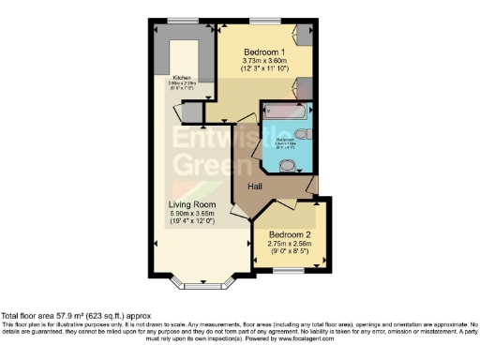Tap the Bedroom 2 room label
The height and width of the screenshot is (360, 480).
click(x=288, y=234)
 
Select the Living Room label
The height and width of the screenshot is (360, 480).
click(x=192, y=204)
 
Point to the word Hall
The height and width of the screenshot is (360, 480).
click(x=254, y=187)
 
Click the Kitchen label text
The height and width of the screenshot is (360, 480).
click(x=182, y=78)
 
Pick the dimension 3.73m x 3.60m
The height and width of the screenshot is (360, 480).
click(x=263, y=60)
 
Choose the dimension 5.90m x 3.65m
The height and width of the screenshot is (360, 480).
click(x=192, y=214)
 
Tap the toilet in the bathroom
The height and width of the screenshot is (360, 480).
click(x=291, y=165)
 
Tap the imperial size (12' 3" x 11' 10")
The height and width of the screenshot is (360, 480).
click(x=263, y=68)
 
